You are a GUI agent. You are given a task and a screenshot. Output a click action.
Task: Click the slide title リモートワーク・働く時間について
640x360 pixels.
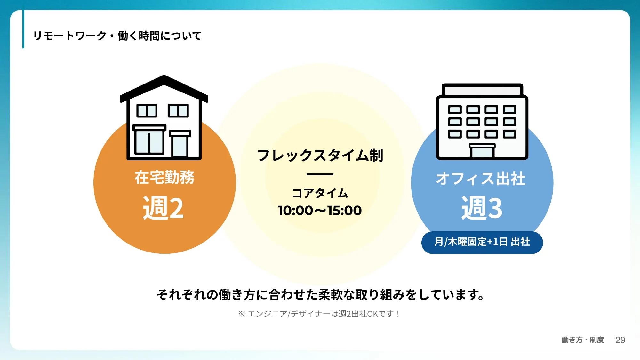(x=117, y=36)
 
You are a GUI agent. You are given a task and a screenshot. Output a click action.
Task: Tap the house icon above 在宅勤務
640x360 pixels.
(x=164, y=118)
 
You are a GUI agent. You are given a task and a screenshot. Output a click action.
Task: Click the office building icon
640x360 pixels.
(x=482, y=122)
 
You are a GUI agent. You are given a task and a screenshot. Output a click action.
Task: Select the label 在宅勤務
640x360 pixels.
(x=164, y=177)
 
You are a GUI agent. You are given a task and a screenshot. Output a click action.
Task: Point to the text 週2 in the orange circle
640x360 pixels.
(x=164, y=208)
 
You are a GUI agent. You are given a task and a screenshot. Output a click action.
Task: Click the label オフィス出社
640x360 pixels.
(x=481, y=179)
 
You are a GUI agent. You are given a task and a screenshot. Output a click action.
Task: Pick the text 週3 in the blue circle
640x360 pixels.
(x=482, y=208)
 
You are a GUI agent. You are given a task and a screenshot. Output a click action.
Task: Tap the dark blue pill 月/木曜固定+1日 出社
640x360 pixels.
(x=482, y=242)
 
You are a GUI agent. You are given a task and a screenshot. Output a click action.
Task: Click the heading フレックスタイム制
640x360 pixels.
(x=320, y=156)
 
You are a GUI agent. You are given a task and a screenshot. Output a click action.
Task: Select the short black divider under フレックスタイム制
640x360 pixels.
(x=320, y=174)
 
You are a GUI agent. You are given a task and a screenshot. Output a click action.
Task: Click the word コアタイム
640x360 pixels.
(x=320, y=193)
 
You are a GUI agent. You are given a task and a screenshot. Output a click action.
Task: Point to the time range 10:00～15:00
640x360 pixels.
(x=320, y=211)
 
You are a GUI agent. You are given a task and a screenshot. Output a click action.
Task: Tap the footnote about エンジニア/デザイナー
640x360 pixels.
(x=319, y=314)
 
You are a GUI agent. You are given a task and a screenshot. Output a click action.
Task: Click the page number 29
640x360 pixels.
(x=620, y=340)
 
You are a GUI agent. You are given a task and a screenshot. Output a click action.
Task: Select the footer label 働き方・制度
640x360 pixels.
(x=582, y=340)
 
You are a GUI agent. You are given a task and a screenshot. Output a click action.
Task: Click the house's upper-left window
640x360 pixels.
(x=147, y=111)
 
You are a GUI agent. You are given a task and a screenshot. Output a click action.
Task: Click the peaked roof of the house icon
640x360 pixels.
(x=164, y=85)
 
